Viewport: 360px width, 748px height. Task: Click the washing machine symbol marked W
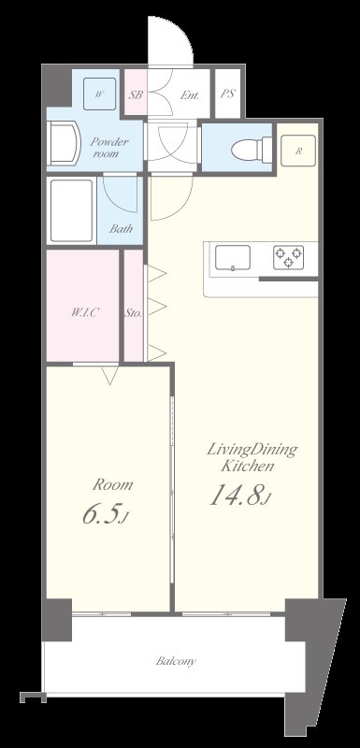coord(99,93)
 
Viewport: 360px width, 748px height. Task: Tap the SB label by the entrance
coord(136,94)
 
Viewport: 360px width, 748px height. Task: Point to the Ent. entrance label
coord(189,95)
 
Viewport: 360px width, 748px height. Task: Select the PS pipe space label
coord(227,94)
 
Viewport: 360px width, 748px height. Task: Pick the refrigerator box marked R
coord(298,151)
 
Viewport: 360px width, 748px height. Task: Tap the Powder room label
coord(109,148)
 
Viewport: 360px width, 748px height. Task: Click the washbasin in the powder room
coord(63,143)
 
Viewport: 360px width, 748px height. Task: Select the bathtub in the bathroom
coord(71,210)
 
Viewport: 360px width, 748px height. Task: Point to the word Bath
coord(121,228)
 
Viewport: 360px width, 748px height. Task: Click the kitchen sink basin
coord(233,258)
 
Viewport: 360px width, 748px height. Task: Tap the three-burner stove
coord(289,258)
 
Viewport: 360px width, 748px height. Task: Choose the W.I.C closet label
coord(85,313)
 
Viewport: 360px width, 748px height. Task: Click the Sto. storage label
coord(134,313)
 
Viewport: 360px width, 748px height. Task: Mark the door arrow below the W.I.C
coord(110,376)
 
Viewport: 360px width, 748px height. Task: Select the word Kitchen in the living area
coord(248,466)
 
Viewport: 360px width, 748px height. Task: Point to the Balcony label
coord(176,662)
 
